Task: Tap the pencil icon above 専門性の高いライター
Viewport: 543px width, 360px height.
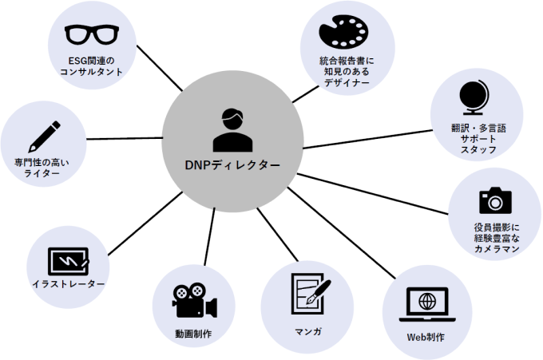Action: pos(44,136)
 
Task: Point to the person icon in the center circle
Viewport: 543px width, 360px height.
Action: pos(232,131)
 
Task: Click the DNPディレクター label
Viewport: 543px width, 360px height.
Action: pos(232,166)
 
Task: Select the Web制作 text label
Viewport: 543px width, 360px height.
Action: pos(426,336)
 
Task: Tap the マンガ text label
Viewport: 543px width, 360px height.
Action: pos(307,330)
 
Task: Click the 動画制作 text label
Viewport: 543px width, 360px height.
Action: pos(193,330)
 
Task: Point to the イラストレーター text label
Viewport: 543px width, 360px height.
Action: pos(68,285)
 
